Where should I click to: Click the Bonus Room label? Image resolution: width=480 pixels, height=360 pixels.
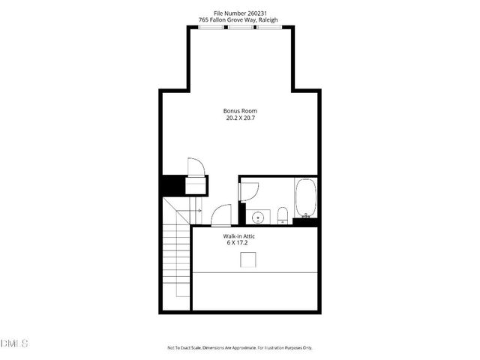tap(240, 111)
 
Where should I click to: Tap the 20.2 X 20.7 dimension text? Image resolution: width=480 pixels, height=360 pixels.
tap(240, 118)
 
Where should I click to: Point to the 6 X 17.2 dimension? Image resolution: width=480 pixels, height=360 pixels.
tap(237, 243)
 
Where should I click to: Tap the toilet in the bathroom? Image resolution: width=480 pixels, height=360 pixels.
tap(283, 216)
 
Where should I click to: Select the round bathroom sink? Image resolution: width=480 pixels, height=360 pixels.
tap(258, 217)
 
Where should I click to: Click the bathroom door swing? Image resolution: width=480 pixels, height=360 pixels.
tap(243, 190)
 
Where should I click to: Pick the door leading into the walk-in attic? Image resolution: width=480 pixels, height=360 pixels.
tap(221, 216)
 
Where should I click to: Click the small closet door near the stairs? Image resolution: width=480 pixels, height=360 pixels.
tap(195, 166)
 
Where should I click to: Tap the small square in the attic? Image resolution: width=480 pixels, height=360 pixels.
tap(248, 259)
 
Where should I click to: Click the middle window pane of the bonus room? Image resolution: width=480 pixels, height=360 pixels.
tap(240, 28)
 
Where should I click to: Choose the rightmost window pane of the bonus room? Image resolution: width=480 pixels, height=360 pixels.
tap(268, 28)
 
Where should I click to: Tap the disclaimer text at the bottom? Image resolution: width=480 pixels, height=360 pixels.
tap(240, 348)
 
